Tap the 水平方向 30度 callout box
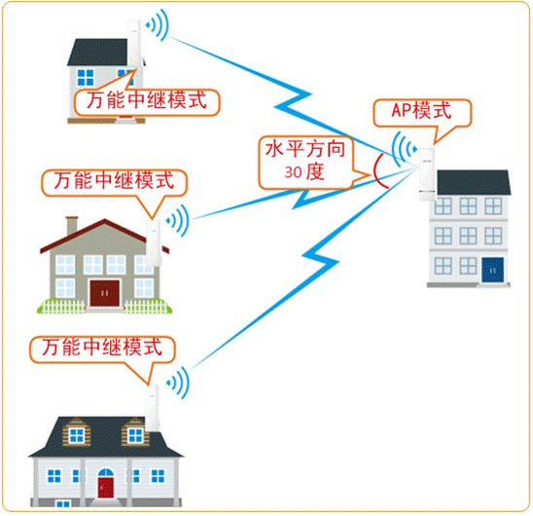coord(305,162)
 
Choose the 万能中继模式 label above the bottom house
coord(102,348)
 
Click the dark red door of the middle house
coord(105,293)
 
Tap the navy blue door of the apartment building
coord(492,270)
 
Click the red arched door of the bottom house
coord(106,488)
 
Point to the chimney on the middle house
coord(72,225)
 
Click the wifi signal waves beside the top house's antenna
coord(158,25)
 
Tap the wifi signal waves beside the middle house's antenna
coord(178,221)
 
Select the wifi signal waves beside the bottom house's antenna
coord(178,383)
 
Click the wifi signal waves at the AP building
coord(404,149)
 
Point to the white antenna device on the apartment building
coord(427,174)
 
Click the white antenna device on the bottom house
coord(153,408)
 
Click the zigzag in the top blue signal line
coord(293,100)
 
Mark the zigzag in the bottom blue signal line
coord(321,258)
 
